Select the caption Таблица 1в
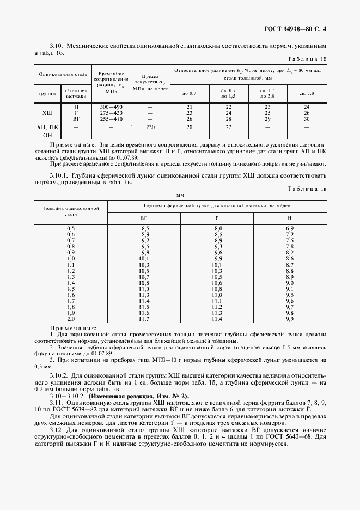coord(306,189)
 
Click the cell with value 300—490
coord(111,107)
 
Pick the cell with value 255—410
coord(111,118)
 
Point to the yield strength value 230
coord(150,127)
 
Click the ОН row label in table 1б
coord(47,135)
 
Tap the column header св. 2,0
coord(307,93)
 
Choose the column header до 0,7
coord(189,93)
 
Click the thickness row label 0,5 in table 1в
coord(71,227)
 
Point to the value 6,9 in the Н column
coord(290,227)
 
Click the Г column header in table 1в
coord(217,217)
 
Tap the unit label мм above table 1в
coord(180,195)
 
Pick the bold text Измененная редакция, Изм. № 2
coord(130,395)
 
